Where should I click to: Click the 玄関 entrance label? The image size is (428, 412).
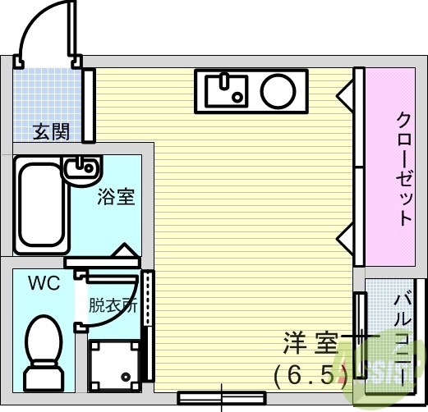point(51,131)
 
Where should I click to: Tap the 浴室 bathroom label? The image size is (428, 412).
point(116,198)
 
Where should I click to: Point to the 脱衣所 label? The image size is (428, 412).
point(113,305)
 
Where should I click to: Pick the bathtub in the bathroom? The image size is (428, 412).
point(39,205)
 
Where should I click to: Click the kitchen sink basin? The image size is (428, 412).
point(224,89)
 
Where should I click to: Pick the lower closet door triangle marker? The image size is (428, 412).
point(344,239)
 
